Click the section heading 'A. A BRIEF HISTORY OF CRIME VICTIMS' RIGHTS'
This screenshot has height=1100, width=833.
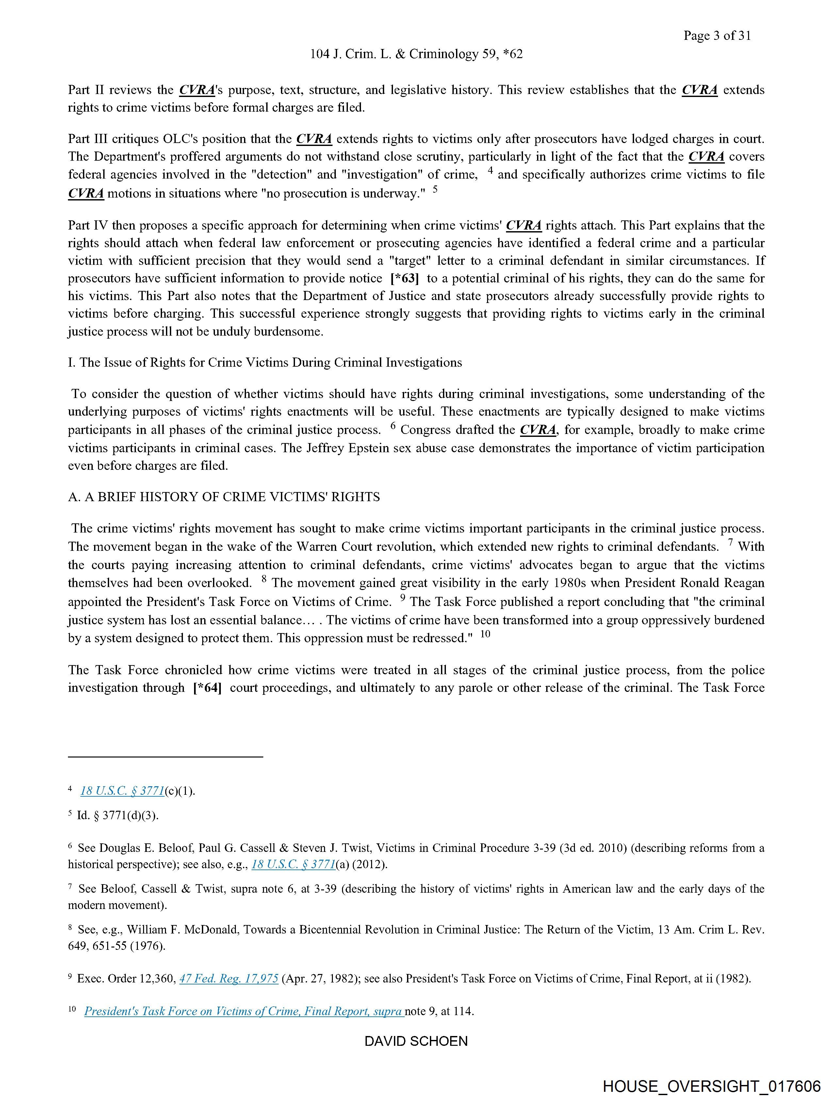click(224, 497)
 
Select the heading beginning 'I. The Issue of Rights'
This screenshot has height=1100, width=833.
click(265, 362)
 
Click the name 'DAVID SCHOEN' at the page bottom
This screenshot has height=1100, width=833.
click(416, 1041)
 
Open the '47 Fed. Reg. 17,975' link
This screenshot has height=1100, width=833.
click(228, 979)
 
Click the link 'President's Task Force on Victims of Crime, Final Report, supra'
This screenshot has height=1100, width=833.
click(243, 1011)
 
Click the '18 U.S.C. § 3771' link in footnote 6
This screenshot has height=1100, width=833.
click(293, 864)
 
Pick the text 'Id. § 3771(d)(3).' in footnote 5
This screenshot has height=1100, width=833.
click(117, 816)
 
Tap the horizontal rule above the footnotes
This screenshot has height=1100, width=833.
click(165, 757)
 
